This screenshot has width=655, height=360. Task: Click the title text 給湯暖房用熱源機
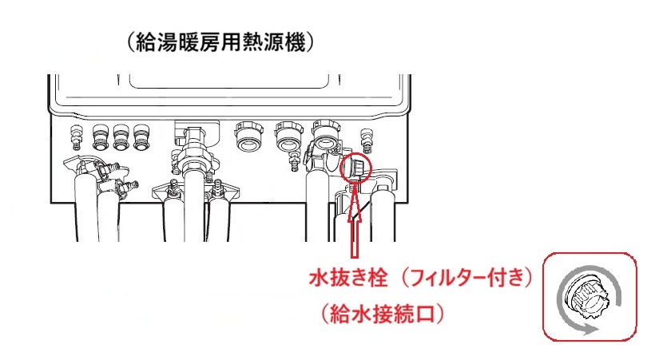[220, 42]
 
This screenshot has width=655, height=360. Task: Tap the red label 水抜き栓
[348, 277]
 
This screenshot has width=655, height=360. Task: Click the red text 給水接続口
[383, 314]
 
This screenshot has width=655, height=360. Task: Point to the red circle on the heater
[356, 167]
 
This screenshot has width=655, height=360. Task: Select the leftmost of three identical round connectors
[100, 137]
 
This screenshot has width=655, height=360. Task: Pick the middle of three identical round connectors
[121, 137]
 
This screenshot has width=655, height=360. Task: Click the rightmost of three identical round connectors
[141, 137]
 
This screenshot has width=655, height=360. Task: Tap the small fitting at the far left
[76, 136]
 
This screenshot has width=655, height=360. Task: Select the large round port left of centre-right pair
[248, 135]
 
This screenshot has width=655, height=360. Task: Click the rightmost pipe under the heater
[384, 215]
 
